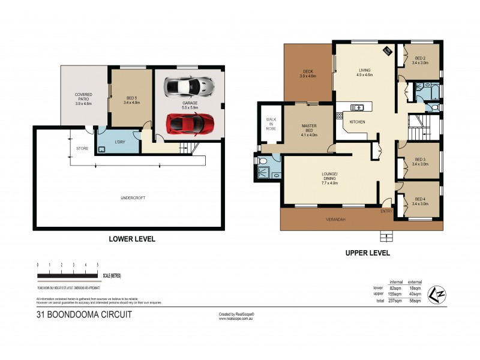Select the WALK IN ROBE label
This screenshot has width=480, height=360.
point(271,124)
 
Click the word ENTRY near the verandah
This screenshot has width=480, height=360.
point(386,211)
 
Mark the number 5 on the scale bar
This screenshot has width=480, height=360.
point(98,265)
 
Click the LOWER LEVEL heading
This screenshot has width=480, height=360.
point(132,239)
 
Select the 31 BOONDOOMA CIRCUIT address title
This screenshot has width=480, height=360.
point(84,314)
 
